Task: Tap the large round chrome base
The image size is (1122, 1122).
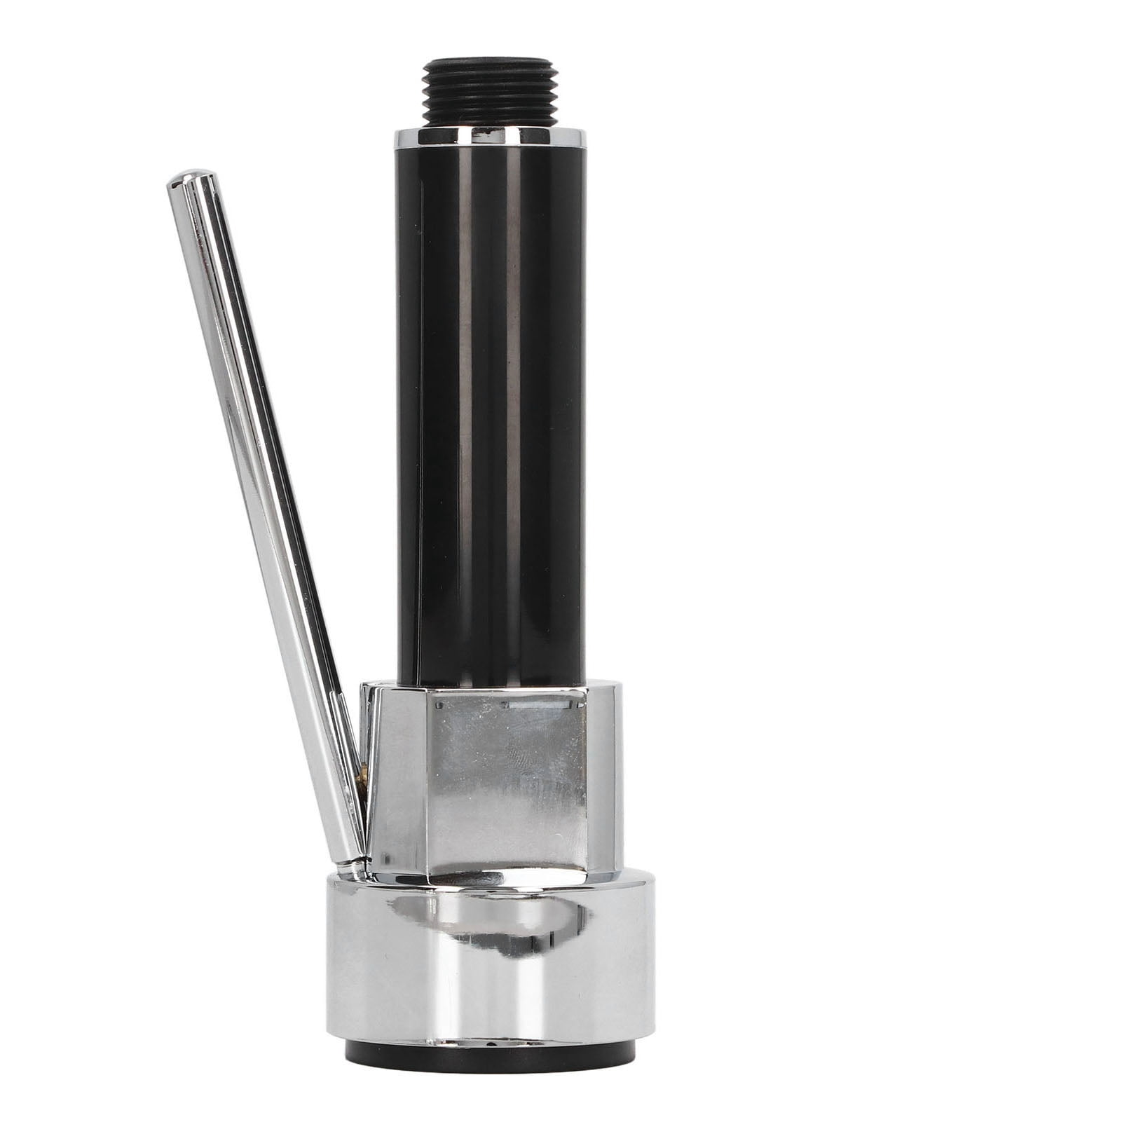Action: pos(491,967)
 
